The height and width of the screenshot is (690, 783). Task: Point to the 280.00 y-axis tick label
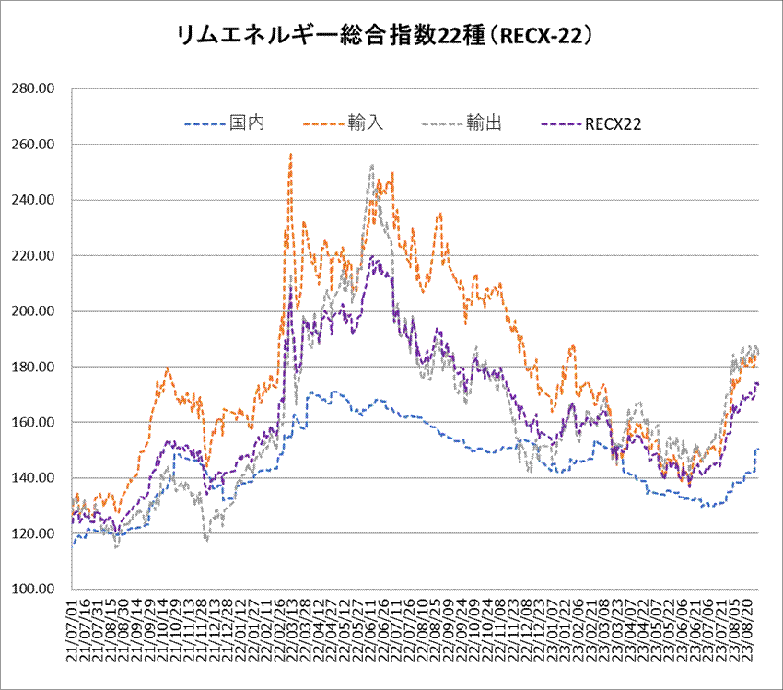(x=34, y=89)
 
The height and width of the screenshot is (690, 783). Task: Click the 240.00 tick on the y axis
(x=34, y=200)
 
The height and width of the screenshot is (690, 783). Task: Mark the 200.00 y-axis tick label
(x=34, y=311)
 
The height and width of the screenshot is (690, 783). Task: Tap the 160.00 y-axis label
(x=34, y=422)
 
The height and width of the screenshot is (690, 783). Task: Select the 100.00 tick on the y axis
(x=34, y=589)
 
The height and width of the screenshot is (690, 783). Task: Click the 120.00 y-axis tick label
(x=34, y=533)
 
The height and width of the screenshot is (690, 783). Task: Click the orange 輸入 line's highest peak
(x=291, y=154)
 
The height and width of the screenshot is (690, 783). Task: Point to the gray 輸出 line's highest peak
(x=371, y=166)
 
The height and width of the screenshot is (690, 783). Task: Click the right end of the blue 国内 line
(x=758, y=449)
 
